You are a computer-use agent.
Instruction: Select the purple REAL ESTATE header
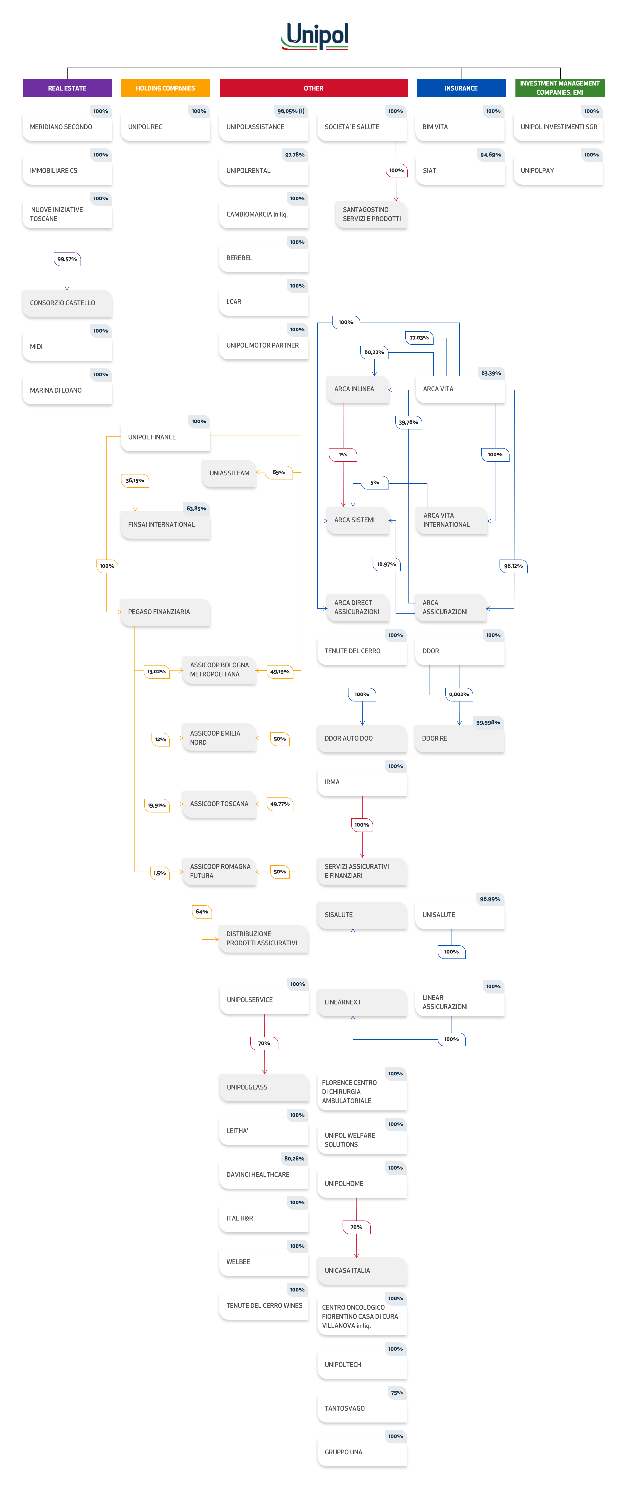(67, 88)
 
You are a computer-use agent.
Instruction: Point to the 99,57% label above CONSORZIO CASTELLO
(67, 259)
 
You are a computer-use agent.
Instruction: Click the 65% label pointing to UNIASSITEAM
(279, 472)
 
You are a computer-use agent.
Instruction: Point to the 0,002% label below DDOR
(459, 694)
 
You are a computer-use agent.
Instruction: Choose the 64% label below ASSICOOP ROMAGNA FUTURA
(202, 912)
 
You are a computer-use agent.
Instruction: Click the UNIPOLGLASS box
(264, 1087)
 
